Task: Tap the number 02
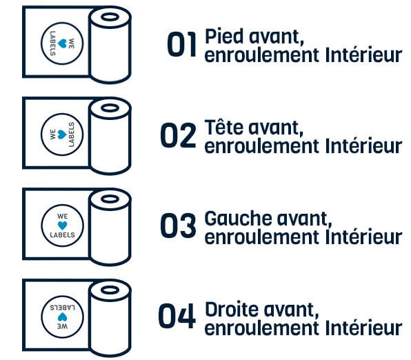178,136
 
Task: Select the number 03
178,226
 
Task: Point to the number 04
178,316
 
